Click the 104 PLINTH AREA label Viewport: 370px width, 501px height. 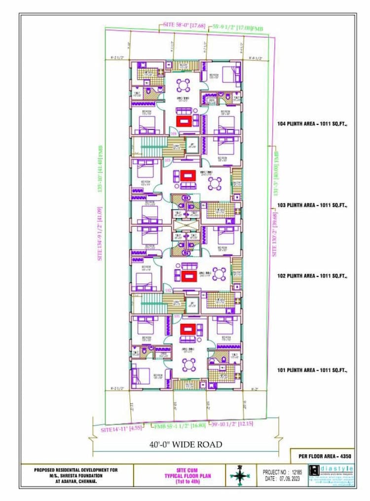click(x=312, y=125)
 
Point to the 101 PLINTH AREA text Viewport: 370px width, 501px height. click(x=312, y=370)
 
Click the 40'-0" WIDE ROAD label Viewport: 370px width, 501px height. click(x=186, y=445)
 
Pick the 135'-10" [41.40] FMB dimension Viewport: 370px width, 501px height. click(x=101, y=168)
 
